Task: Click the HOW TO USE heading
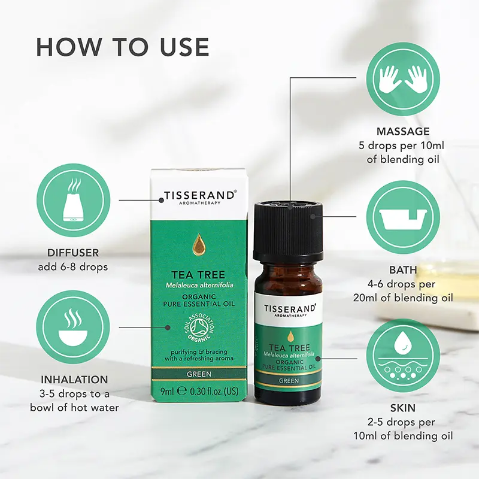click(x=123, y=47)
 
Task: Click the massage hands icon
click(x=403, y=78)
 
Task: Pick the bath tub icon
click(x=403, y=216)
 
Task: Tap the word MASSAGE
click(x=403, y=131)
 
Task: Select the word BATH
click(x=403, y=270)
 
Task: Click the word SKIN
click(x=403, y=408)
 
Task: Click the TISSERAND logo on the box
click(x=198, y=196)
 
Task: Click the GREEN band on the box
click(x=198, y=374)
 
